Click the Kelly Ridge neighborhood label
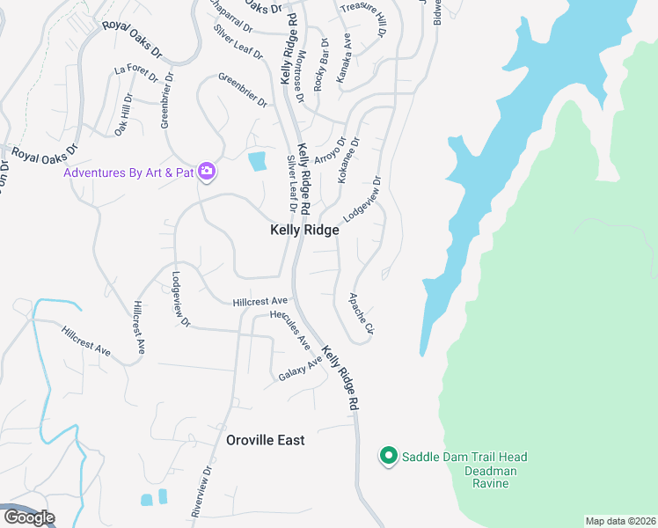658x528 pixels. (x=303, y=230)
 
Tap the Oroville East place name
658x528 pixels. (x=266, y=440)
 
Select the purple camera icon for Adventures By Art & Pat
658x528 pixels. (x=207, y=171)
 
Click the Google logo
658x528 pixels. (x=28, y=517)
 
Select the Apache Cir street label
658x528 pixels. (x=362, y=315)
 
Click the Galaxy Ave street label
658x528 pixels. (x=301, y=368)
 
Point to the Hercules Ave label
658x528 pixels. (x=290, y=328)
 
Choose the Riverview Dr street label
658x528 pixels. (x=201, y=491)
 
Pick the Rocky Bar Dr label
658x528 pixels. (x=321, y=63)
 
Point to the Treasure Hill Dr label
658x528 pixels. (x=363, y=18)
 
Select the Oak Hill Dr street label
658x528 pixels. (x=122, y=114)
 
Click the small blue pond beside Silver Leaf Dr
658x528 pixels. (x=257, y=161)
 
